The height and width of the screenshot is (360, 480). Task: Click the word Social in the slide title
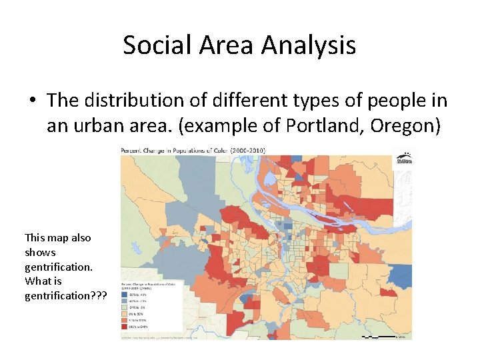pos(155,45)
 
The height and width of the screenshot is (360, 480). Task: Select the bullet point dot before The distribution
pos(32,101)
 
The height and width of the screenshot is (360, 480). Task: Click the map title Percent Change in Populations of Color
pos(175,151)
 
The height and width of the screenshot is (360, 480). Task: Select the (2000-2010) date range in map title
pos(247,151)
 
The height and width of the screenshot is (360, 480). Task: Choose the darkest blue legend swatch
pos(125,294)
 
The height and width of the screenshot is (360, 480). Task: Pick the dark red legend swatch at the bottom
pos(125,327)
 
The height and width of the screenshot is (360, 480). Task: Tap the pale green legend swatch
pos(125,307)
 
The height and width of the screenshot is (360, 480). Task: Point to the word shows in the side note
pos(40,252)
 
